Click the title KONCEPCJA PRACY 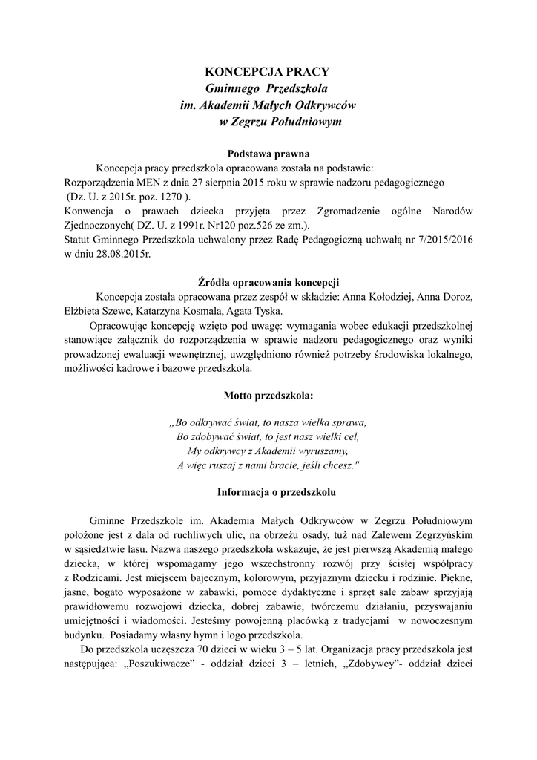click(266, 72)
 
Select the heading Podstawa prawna click(268, 154)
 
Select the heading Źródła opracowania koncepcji click(268, 283)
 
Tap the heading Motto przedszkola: click(268, 395)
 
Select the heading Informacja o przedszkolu click(268, 491)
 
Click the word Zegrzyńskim click(441, 534)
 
